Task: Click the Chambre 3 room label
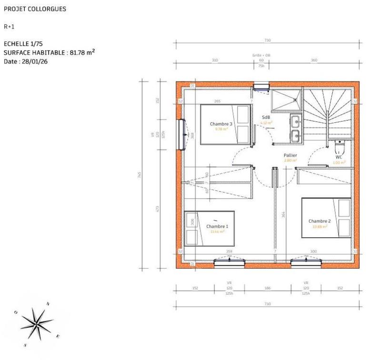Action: pos(221,124)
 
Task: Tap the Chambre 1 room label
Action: pos(217,227)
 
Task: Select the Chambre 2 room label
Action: pos(319,221)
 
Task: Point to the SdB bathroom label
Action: pos(266,117)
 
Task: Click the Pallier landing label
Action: pos(291,155)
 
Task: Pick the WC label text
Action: pos(339,157)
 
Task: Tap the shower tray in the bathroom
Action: pos(286,100)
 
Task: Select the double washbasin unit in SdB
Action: pos(295,129)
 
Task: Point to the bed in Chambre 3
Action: pos(226,124)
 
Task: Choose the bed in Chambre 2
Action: pos(326,218)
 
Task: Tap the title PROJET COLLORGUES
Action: pos(35,9)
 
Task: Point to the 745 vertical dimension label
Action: pos(140,175)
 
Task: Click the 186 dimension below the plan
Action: pos(267,288)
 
